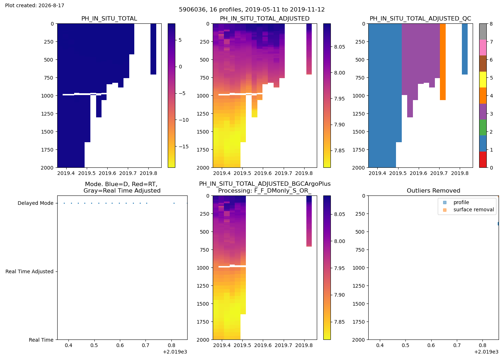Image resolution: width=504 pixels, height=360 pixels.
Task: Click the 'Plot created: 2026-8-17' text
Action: coord(35,5)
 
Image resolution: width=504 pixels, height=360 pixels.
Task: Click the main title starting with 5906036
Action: coord(252,10)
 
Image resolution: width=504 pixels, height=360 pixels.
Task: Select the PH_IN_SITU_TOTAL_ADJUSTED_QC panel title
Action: coord(420,18)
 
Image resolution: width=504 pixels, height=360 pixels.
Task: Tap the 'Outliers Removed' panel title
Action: coord(433,190)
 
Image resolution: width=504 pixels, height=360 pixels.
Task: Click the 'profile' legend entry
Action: coord(461,202)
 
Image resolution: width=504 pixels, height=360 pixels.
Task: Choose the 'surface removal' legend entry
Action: coord(474,210)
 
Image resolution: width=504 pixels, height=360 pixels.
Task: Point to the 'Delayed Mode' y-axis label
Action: coord(36,203)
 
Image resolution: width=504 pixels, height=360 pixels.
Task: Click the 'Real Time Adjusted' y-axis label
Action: coord(30,271)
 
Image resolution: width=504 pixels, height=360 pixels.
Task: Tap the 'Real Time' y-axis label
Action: coord(41,340)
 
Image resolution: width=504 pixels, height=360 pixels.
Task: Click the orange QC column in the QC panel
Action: coord(442,62)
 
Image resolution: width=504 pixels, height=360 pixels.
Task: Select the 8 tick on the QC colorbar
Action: coord(491,24)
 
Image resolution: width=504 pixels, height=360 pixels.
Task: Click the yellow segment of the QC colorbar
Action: coord(483,80)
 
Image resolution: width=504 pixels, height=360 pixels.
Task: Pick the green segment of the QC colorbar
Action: coord(483,127)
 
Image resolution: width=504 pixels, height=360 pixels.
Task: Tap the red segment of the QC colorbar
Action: coord(483,159)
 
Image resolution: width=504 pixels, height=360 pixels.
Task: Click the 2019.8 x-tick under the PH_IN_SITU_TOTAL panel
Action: coord(148,173)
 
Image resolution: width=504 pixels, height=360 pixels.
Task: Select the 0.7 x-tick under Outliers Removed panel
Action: coord(457,345)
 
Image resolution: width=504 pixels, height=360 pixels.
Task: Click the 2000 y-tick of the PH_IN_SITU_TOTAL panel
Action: coord(47,168)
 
